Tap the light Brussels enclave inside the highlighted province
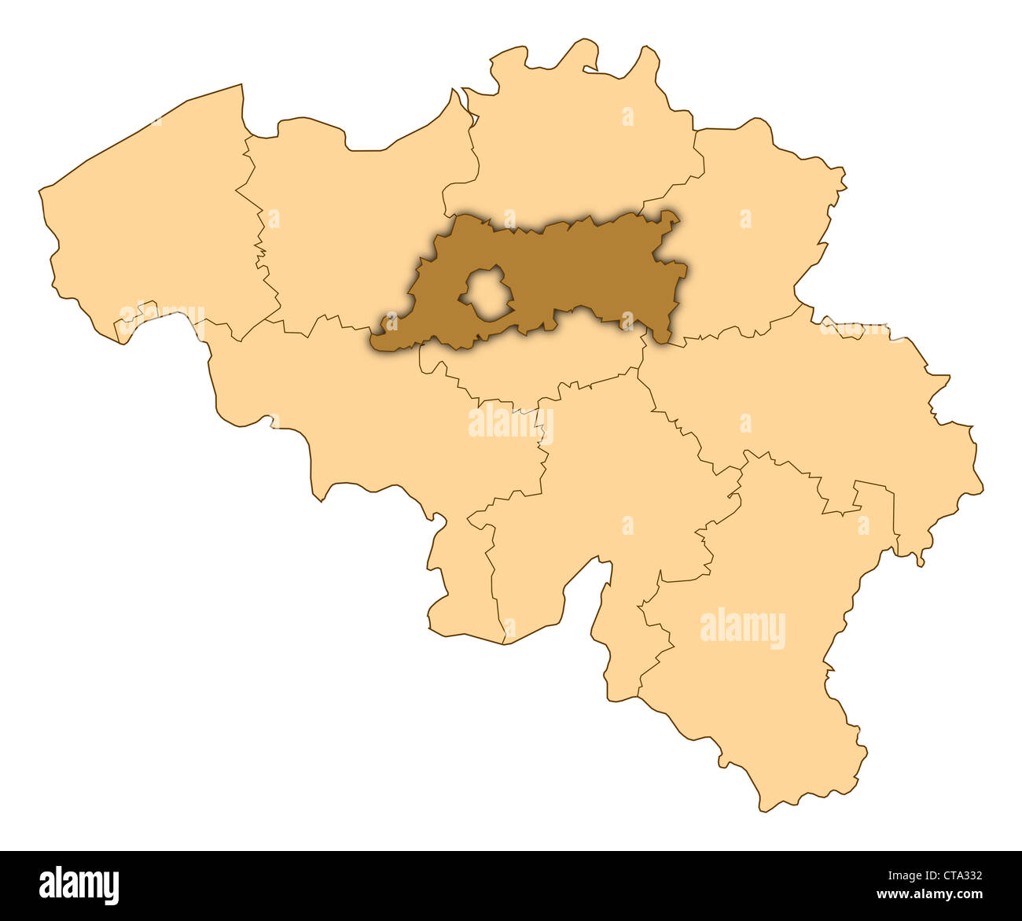point(487,294)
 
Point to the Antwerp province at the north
point(574,149)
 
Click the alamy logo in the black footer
point(79,886)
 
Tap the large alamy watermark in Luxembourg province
point(742,628)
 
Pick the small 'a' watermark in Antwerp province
point(627,116)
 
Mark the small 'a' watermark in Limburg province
point(745,219)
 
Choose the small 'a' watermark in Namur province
point(627,525)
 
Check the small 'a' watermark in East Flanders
point(274,218)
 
